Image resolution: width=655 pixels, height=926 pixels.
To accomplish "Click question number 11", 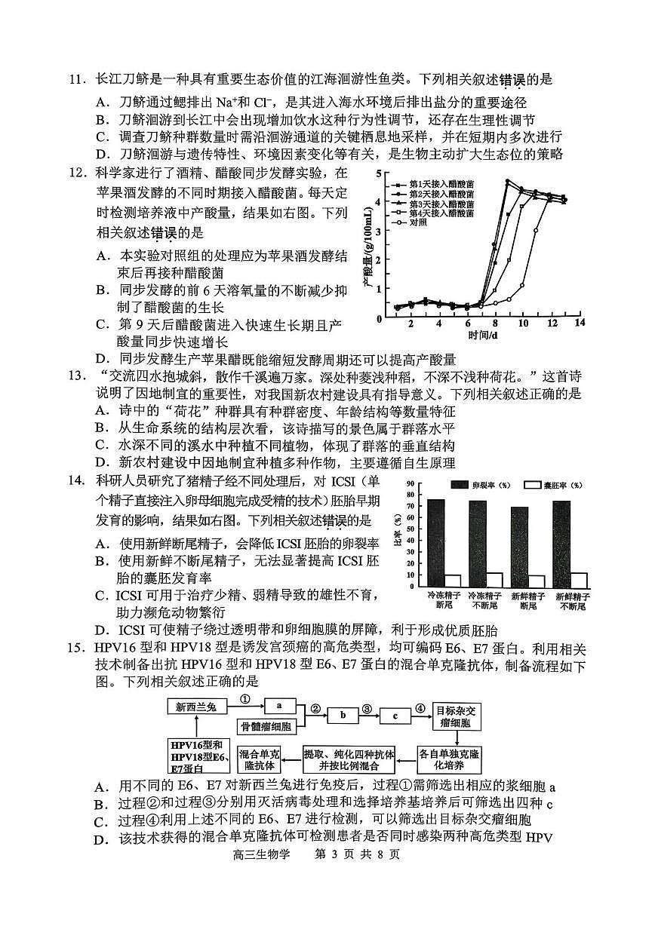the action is click(78, 79).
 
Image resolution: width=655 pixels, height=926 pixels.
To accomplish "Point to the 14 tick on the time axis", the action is click(579, 323).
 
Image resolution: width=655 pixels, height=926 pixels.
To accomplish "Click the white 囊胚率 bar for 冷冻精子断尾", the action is click(453, 581).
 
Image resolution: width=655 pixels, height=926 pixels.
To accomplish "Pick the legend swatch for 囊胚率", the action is click(533, 485).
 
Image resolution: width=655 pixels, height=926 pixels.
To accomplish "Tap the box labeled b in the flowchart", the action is click(343, 716).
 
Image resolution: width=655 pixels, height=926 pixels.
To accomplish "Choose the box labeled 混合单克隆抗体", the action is click(259, 757).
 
